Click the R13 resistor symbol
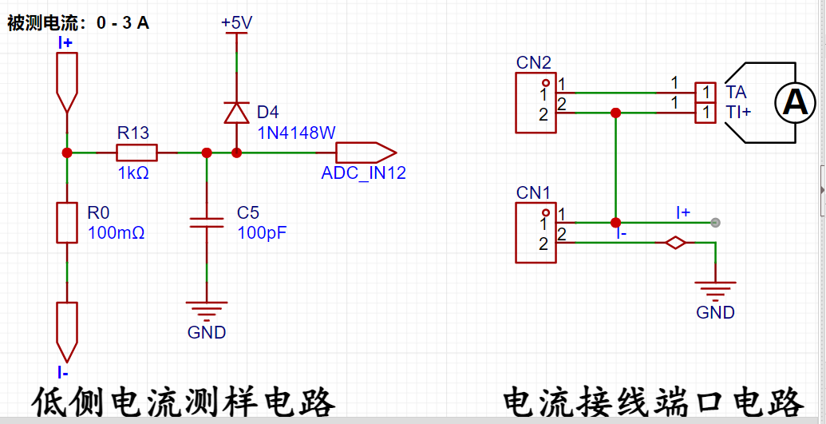point(136,153)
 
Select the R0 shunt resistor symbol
point(67,222)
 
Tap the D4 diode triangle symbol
point(236,112)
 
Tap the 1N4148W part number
point(296,133)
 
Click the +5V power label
point(236,22)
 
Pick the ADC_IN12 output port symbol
point(366,153)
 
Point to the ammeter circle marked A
point(795,103)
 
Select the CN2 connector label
point(534,63)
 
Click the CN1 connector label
point(534,193)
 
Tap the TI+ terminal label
point(738,113)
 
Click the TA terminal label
point(736,93)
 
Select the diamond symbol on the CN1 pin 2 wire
point(675,243)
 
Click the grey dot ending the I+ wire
point(715,223)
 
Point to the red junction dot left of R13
point(67,153)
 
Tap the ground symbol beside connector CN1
point(715,290)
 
